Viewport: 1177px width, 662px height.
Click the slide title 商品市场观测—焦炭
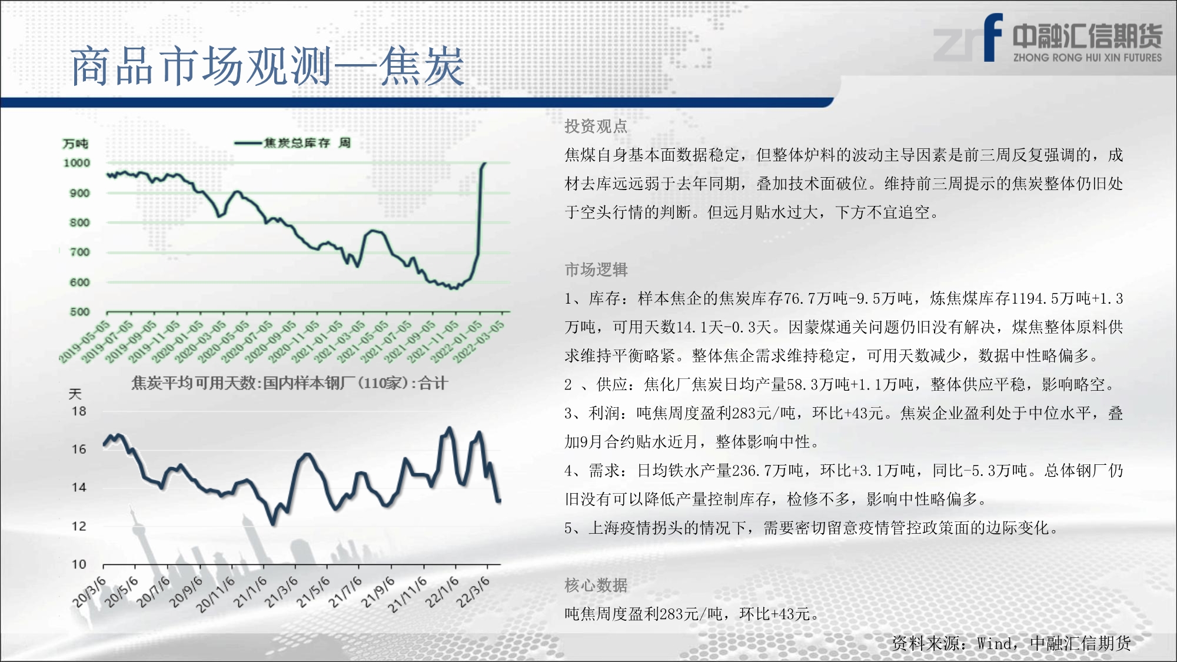point(268,66)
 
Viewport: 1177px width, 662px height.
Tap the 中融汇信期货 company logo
point(1048,38)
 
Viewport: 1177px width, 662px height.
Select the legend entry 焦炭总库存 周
point(292,142)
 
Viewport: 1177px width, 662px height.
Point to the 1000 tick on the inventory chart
point(77,163)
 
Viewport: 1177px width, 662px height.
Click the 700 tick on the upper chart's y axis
point(80,252)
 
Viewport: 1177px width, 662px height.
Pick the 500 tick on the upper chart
point(80,312)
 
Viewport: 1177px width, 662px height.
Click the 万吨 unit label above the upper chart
point(75,144)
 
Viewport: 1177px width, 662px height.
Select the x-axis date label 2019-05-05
point(84,342)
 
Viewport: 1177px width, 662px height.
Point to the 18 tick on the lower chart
point(79,411)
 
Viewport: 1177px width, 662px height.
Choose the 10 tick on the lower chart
point(79,564)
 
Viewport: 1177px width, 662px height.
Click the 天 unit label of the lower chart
point(75,394)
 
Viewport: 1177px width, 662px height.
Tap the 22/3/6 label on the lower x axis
point(473,592)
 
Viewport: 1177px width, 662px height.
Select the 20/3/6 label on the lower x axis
point(89,592)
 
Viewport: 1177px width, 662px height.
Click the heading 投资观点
point(596,126)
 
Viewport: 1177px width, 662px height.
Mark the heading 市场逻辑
point(596,270)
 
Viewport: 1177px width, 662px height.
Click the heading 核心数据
point(596,585)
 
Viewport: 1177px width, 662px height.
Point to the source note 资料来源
point(1011,643)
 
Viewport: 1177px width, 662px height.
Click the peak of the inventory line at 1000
point(485,163)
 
